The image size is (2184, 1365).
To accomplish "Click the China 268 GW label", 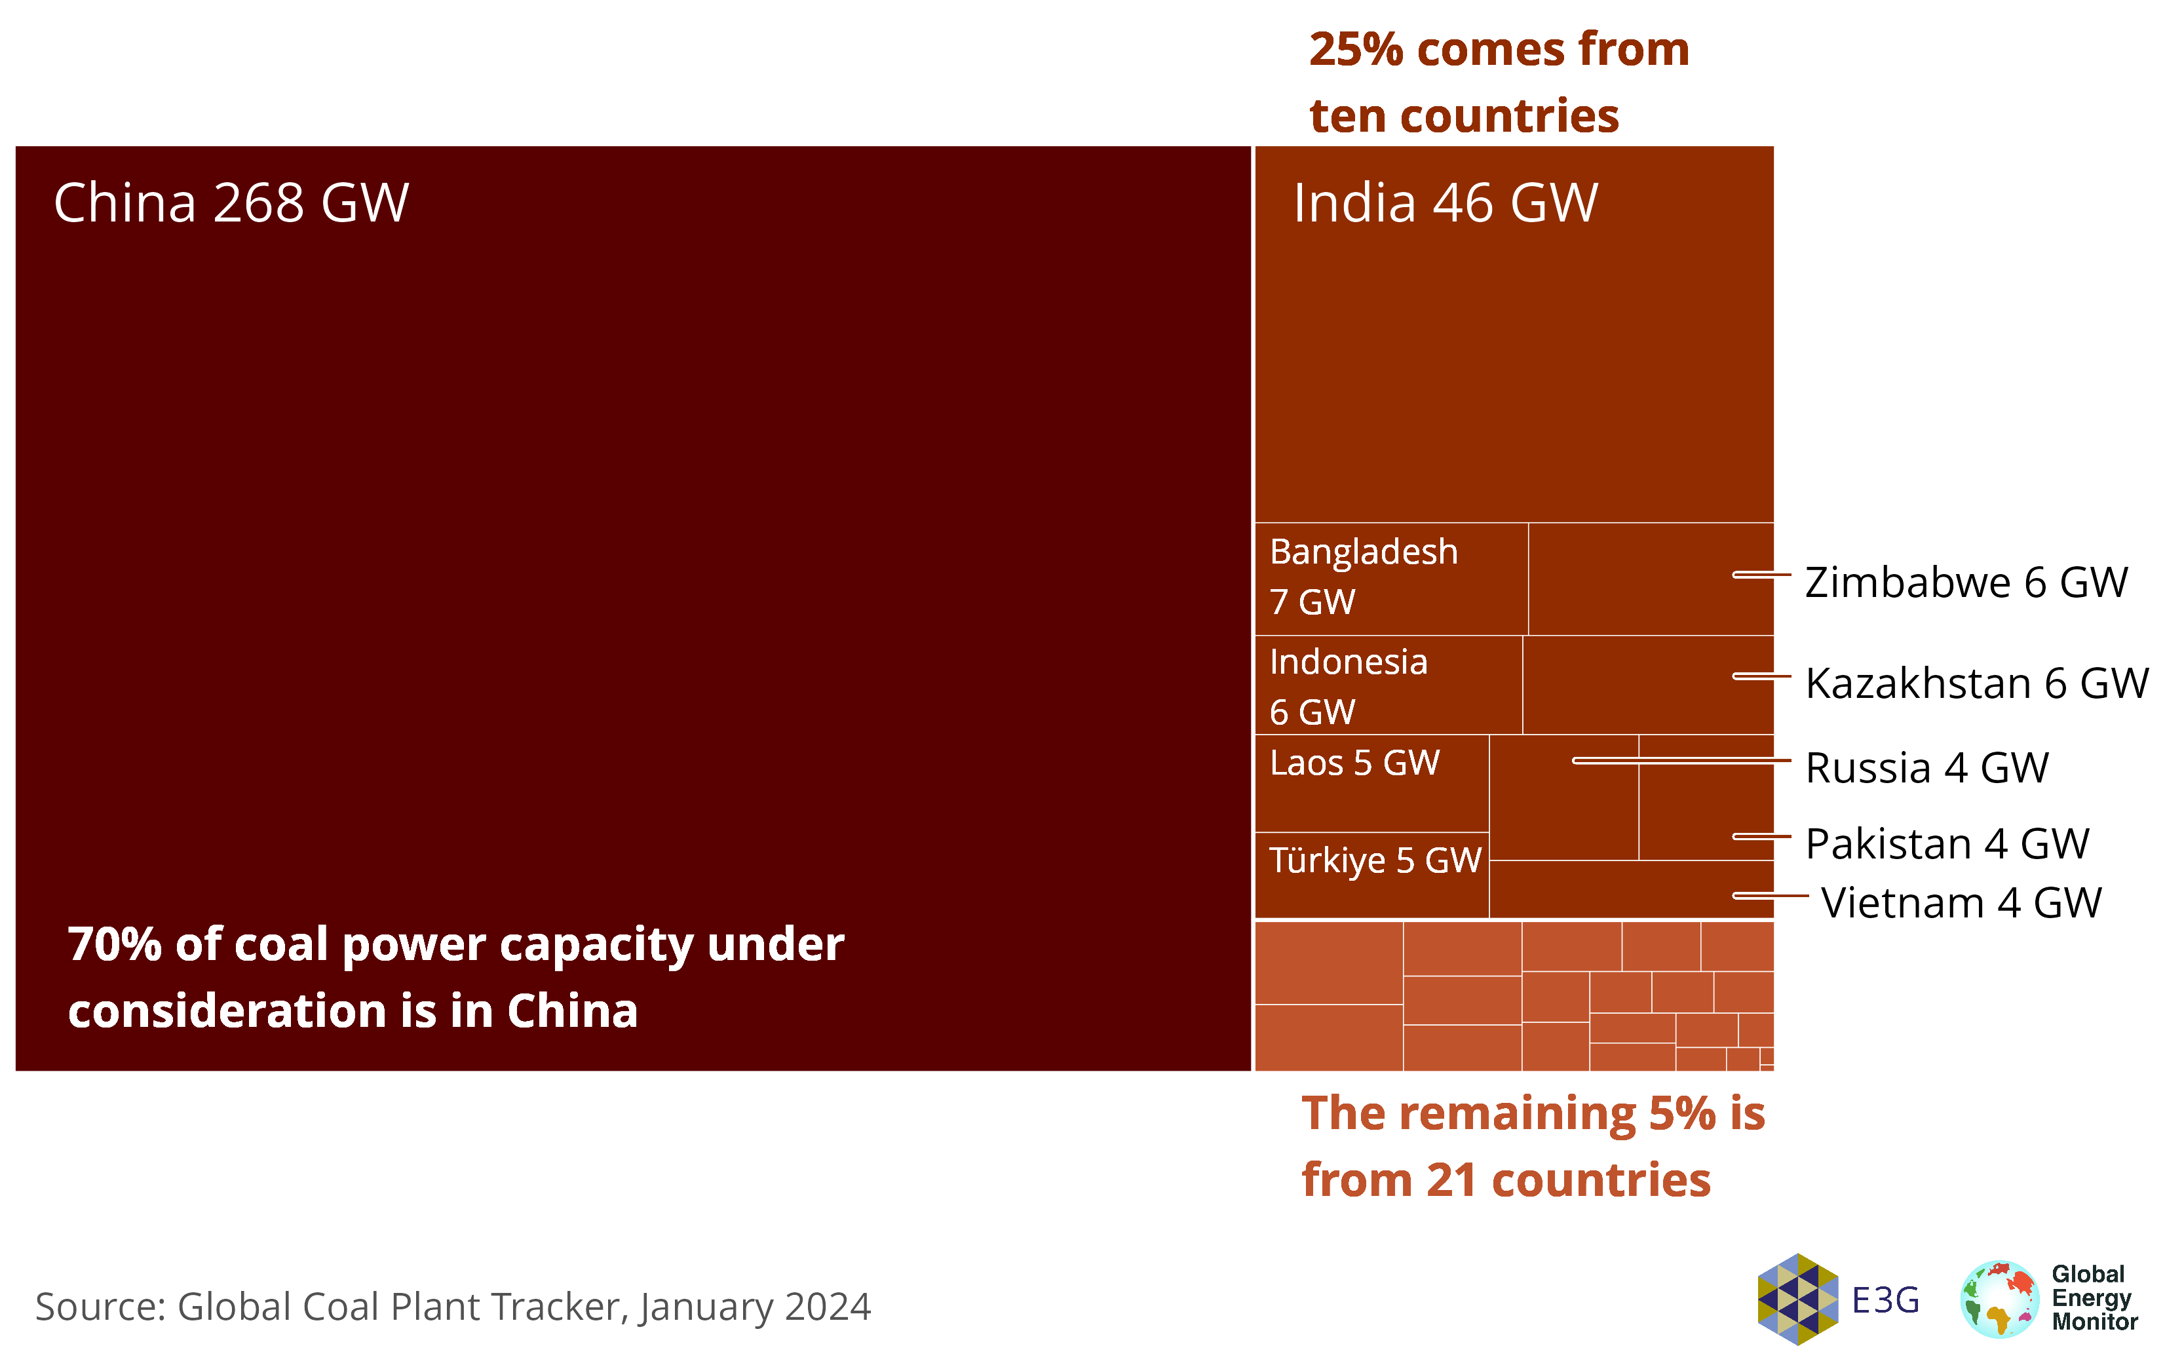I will (231, 202).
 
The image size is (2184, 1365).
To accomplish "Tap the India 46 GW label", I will (1445, 202).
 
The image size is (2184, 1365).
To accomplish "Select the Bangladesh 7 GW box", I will (1390, 578).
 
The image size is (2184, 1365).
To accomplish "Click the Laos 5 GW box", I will (1371, 782).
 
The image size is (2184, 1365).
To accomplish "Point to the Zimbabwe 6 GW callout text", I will (1966, 583).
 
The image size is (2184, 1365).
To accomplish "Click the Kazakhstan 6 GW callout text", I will (1976, 683).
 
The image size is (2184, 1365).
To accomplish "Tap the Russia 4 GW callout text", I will (1926, 768).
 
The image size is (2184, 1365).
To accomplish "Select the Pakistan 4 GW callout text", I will (1947, 844).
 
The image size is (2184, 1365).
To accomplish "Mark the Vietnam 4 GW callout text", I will (1961, 903).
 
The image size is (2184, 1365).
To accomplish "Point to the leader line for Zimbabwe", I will (1761, 574).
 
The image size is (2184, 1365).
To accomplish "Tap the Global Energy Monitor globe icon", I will (1999, 1299).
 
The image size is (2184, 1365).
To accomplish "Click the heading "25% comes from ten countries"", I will (1498, 82).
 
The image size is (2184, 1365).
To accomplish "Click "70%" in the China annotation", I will (114, 945).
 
